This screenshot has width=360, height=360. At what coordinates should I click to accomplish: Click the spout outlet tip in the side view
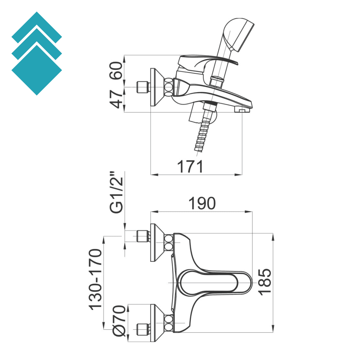(242, 109)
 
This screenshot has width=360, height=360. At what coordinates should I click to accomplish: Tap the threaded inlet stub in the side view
(143, 87)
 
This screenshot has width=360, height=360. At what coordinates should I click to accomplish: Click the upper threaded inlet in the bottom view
(143, 236)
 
